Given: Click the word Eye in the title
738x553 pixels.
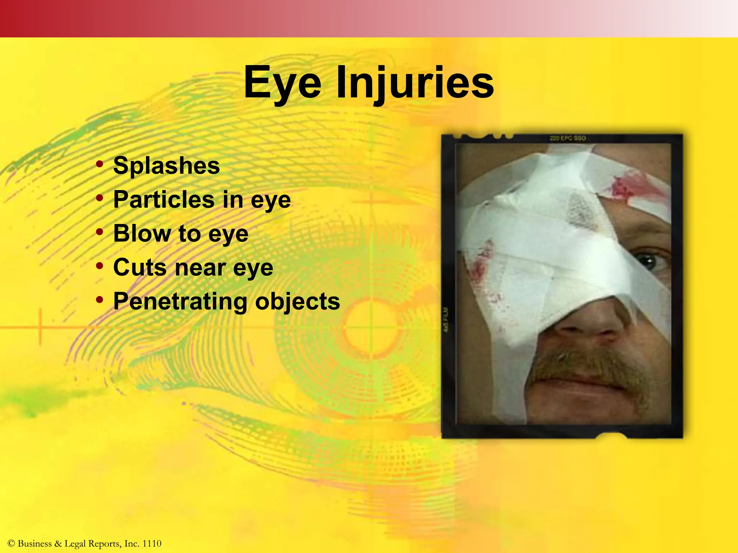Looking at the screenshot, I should (x=282, y=83).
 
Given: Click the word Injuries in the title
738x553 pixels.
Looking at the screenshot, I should (x=415, y=84).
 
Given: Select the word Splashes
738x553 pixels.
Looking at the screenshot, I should (x=166, y=166).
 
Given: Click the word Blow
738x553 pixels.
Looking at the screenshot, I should (x=142, y=233).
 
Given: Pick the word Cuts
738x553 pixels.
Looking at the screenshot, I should (x=140, y=267).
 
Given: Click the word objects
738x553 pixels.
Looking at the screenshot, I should (x=298, y=301).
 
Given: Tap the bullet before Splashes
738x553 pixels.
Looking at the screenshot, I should (x=100, y=165).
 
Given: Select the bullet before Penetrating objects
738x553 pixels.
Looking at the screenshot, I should (x=100, y=300).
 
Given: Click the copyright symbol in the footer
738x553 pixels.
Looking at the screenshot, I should (x=11, y=544).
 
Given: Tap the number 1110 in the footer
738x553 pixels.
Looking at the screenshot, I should (x=152, y=544).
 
